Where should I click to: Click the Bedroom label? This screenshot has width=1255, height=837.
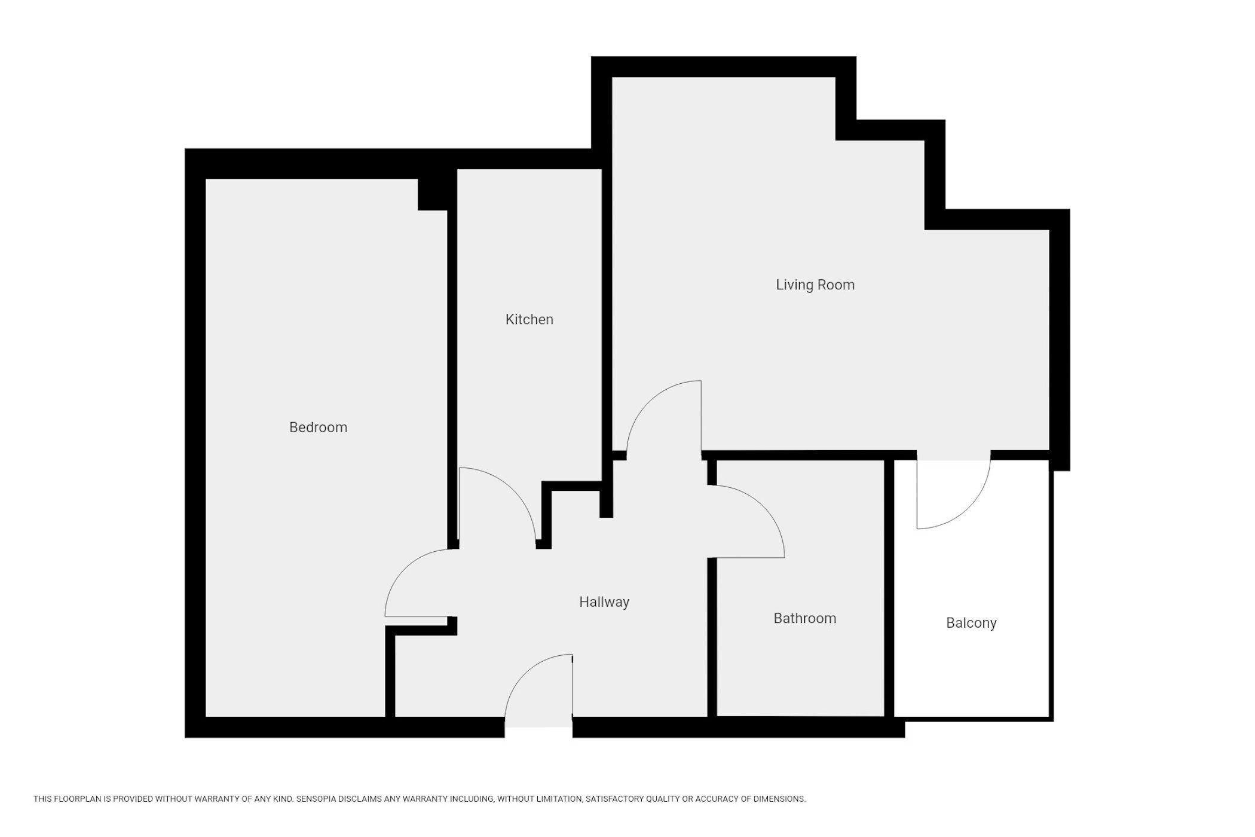318,427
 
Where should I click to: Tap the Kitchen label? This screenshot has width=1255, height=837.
529,319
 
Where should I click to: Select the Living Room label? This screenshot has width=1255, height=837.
815,285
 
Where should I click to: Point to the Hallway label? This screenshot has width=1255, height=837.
604,602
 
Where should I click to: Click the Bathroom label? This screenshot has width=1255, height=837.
805,618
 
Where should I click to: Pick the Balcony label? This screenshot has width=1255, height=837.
971,623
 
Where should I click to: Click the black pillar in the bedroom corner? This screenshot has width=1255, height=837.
433,194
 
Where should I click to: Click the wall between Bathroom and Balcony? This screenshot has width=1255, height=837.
889,588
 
